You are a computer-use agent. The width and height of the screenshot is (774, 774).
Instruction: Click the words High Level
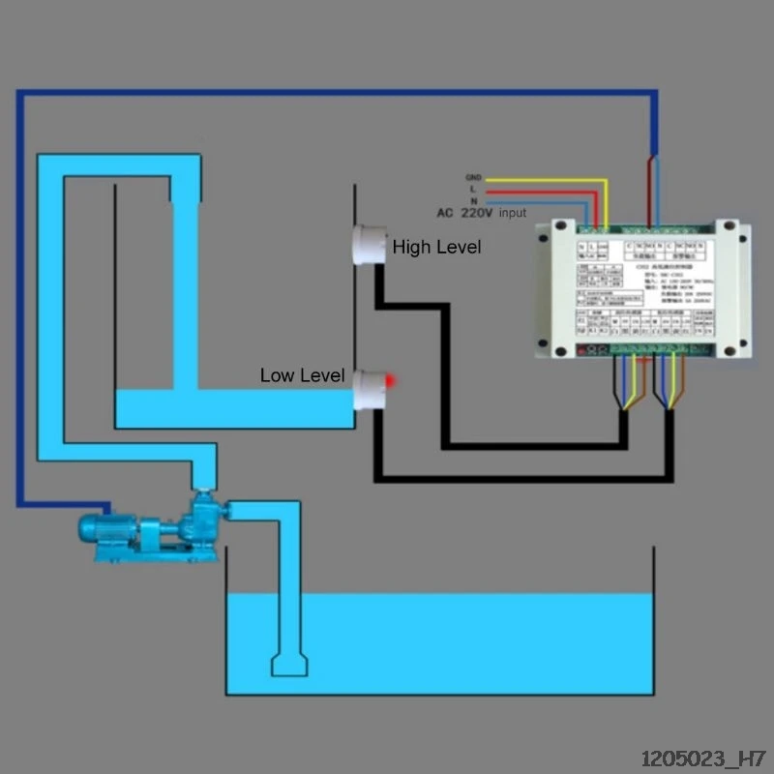pos(436,248)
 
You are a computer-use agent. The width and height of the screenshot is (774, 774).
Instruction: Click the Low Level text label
pos(302,375)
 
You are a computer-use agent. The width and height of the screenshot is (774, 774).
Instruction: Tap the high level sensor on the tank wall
pos(367,245)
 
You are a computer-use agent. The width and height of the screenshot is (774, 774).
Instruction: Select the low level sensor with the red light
pos(369,389)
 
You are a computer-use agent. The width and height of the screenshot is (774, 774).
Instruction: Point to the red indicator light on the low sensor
pos(389,381)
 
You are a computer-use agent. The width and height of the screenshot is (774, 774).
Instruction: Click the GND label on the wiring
pos(473,178)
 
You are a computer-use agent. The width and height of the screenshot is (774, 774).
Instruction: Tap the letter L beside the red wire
pos(473,190)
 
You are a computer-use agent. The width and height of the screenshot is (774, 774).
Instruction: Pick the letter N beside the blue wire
pos(473,201)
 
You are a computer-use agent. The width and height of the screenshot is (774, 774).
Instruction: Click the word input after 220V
pos(513,213)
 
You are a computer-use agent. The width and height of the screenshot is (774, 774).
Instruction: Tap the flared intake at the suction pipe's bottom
pos(289,665)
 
